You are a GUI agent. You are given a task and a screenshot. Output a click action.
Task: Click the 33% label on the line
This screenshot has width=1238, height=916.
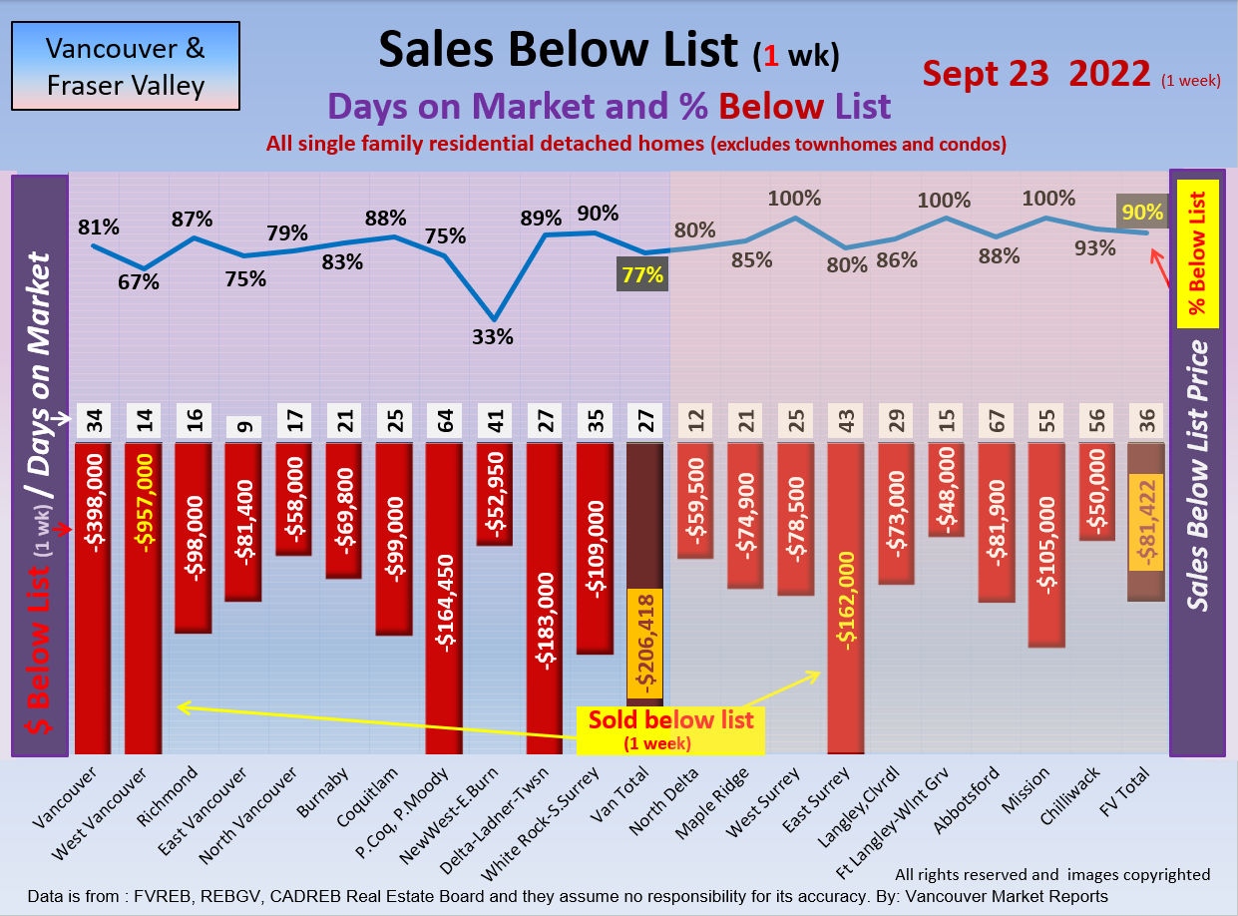(x=492, y=336)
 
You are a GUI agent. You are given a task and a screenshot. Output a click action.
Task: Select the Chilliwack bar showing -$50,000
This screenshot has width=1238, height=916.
(x=1096, y=491)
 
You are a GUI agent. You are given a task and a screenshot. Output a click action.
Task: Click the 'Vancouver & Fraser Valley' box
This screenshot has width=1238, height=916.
(x=126, y=66)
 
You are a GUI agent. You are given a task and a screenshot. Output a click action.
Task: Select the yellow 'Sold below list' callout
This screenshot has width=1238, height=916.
(x=670, y=728)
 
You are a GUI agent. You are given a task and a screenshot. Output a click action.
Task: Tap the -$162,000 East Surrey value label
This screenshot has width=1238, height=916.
(x=846, y=599)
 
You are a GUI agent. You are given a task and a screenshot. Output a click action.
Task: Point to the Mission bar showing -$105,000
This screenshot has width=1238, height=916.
(x=1046, y=544)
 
